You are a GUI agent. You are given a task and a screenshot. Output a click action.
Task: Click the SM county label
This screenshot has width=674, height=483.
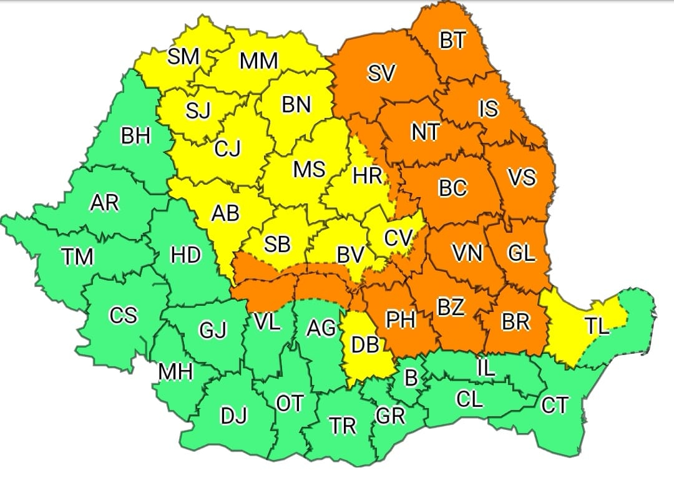(183, 57)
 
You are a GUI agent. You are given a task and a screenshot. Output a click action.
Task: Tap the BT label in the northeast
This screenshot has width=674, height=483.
(452, 41)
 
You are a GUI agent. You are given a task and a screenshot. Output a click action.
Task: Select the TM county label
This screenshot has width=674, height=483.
(78, 256)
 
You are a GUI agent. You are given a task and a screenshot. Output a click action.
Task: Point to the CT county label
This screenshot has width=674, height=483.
(554, 406)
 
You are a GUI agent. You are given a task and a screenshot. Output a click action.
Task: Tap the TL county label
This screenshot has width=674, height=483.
(598, 326)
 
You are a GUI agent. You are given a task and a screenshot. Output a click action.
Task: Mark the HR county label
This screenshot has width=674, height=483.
(368, 176)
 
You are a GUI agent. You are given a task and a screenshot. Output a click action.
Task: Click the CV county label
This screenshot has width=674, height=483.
(398, 238)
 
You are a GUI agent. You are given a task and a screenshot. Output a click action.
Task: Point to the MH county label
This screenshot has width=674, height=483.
(175, 372)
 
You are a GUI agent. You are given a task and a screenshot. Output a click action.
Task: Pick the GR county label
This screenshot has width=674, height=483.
(391, 416)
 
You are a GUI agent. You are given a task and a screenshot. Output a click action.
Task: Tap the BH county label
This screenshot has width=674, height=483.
(135, 136)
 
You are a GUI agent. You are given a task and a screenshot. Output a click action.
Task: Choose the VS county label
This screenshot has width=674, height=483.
(521, 178)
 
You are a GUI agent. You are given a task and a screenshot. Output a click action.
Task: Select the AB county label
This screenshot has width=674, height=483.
(225, 213)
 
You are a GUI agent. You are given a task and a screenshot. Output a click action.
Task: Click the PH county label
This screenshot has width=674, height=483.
(401, 320)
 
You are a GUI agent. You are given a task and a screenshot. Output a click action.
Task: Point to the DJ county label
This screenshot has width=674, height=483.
(234, 415)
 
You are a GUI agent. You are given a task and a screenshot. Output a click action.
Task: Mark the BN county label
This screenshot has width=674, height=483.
(296, 105)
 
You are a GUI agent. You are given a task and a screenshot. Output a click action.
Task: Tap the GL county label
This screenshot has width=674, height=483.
(521, 253)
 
